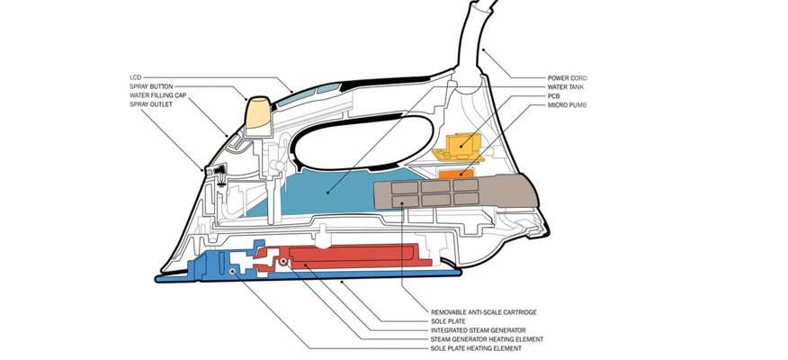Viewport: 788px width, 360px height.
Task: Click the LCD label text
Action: pos(135,78)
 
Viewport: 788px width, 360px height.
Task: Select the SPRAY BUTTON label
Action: pos(151,87)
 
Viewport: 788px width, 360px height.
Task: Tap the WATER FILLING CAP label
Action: pos(157,95)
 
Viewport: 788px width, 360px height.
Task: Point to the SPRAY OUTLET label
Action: pos(151,104)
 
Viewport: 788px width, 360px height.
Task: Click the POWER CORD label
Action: pos(568,78)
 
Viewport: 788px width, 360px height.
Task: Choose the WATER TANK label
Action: pos(566,87)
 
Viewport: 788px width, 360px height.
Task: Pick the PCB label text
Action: pos(554,96)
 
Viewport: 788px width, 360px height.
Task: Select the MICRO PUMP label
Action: pos(568,105)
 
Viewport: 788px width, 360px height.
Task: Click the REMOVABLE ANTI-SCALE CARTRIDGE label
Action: pos(483,312)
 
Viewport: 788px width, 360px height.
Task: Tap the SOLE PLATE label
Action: pos(448,321)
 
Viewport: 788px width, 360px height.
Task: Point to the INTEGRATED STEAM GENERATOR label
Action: pos(478,330)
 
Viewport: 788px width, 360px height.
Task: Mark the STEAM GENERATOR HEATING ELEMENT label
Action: pos(487,339)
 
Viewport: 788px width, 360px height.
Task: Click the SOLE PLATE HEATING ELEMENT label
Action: pos(476,348)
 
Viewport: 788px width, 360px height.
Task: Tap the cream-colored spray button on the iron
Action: pos(258,114)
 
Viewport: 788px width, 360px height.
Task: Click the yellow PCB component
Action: pos(459,147)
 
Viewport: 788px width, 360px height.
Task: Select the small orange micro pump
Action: pos(456,174)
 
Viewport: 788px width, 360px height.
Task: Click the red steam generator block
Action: pos(352,256)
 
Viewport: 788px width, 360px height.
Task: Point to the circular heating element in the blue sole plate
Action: pos(233,271)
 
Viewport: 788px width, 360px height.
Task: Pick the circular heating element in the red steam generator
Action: pos(283,262)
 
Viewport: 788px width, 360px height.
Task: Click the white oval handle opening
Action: pos(361,143)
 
